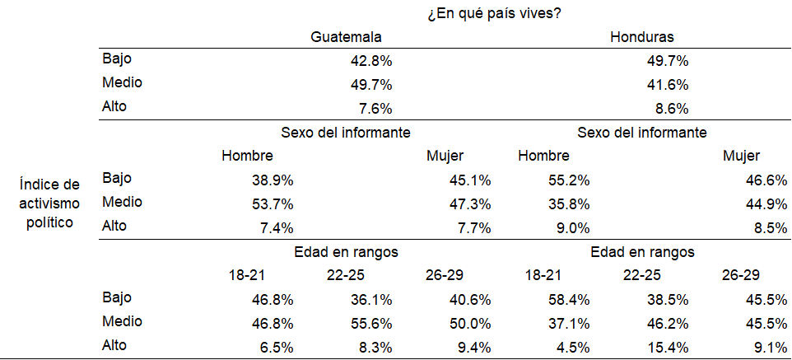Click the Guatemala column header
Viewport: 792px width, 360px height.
pyautogui.click(x=346, y=37)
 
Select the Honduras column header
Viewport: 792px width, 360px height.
pyautogui.click(x=643, y=37)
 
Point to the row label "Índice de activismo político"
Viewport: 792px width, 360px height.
pyautogui.click(x=51, y=203)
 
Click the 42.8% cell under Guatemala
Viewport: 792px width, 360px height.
pyautogui.click(x=370, y=61)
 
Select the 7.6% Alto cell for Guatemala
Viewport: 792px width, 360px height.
pyautogui.click(x=375, y=108)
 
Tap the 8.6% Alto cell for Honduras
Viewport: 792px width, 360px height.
pyautogui.click(x=670, y=108)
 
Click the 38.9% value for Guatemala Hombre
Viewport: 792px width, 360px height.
pyautogui.click(x=273, y=180)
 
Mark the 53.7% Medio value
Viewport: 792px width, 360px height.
pyautogui.click(x=273, y=203)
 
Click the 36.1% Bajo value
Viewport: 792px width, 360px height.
pyautogui.click(x=370, y=298)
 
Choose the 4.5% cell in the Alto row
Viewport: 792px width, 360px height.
pyautogui.click(x=572, y=346)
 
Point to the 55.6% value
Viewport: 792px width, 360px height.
pyautogui.click(x=370, y=322)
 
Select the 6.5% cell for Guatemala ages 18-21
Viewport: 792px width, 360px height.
pyautogui.click(x=276, y=346)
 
